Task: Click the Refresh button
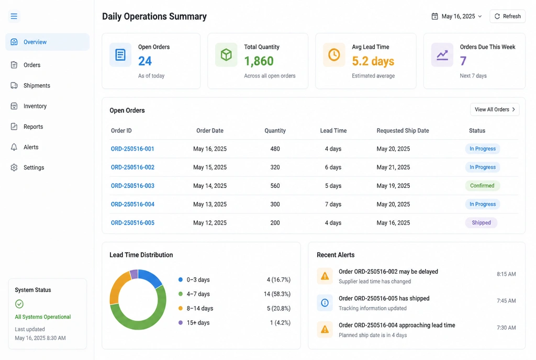pyautogui.click(x=507, y=16)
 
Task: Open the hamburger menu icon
pyautogui.click(x=14, y=16)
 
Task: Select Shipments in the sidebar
pyautogui.click(x=37, y=85)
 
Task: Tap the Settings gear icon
pyautogui.click(x=14, y=167)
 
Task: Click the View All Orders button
pyautogui.click(x=495, y=109)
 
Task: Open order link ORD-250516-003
pyautogui.click(x=132, y=186)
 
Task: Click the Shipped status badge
pyautogui.click(x=482, y=223)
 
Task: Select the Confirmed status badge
pyautogui.click(x=482, y=186)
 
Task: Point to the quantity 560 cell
pyautogui.click(x=275, y=186)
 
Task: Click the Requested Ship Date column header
pyautogui.click(x=403, y=130)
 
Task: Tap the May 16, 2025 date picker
pyautogui.click(x=456, y=16)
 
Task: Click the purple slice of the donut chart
pyautogui.click(x=134, y=274)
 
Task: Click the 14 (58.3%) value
pyautogui.click(x=277, y=294)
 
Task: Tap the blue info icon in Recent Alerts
pyautogui.click(x=325, y=302)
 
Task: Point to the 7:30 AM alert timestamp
pyautogui.click(x=506, y=328)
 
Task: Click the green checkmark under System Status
pyautogui.click(x=19, y=303)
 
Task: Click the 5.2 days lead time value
pyautogui.click(x=373, y=61)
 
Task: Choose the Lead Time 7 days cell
pyautogui.click(x=333, y=204)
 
